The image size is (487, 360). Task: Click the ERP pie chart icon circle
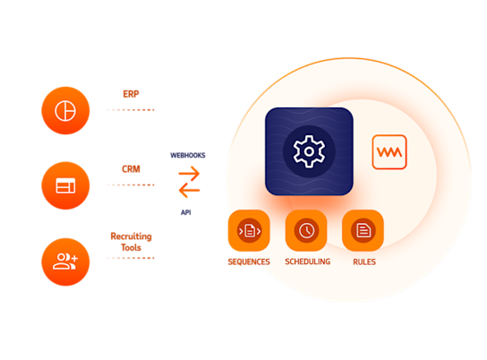65,110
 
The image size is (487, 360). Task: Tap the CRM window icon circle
65,185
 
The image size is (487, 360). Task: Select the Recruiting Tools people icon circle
65,261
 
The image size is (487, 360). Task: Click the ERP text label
131,93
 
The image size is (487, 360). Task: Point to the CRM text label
131,168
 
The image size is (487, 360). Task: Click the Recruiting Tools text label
131,241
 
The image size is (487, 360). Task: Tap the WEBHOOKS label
188,155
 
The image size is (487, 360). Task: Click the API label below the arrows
186,213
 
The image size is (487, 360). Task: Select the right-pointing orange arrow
190,175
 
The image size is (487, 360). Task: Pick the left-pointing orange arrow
189,192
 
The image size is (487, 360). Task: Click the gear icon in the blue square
309,151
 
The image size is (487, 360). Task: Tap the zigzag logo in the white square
389,152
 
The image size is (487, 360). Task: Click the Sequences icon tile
249,231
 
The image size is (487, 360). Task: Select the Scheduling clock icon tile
306,231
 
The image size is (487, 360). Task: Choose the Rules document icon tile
363,231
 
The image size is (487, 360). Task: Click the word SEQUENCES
249,261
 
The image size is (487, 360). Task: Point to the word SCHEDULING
307,261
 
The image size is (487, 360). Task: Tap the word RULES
363,261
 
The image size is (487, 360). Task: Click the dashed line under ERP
129,109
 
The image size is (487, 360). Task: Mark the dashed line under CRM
129,184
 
